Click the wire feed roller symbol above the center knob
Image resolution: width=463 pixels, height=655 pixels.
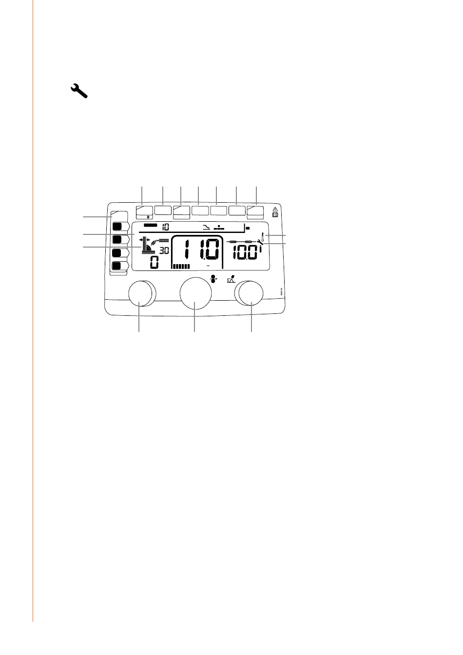tap(212, 279)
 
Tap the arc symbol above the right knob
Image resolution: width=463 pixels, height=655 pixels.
tap(231, 280)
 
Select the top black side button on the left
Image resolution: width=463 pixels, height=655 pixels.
tap(117, 226)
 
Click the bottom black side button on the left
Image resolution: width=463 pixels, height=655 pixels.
tap(117, 266)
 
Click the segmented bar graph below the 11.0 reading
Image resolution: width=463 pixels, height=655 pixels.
tap(181, 267)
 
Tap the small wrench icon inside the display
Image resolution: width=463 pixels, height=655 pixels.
tap(259, 241)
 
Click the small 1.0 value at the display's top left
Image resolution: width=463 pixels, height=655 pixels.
tap(166, 227)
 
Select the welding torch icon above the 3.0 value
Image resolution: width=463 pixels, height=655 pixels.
tap(160, 240)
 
